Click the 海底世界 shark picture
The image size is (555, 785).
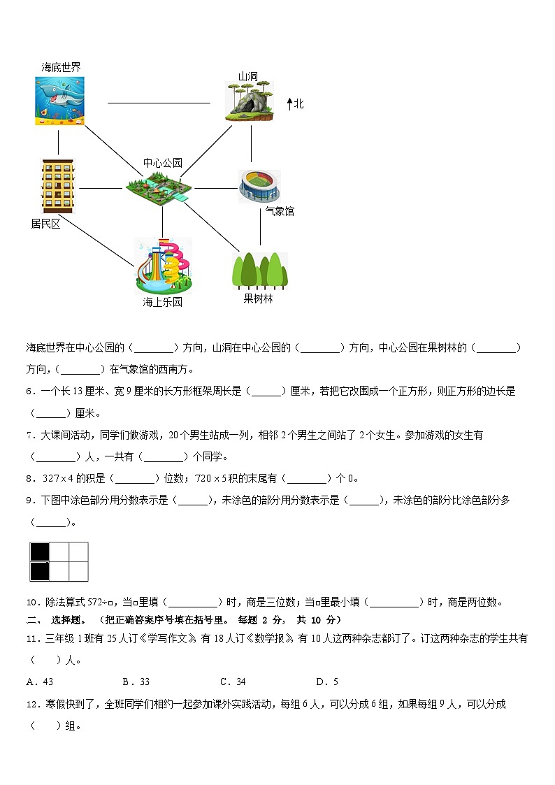(x=60, y=101)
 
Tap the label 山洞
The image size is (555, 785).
(x=248, y=76)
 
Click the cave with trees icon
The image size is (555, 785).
(x=248, y=102)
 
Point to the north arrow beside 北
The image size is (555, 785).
(x=289, y=104)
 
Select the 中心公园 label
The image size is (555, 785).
(x=162, y=163)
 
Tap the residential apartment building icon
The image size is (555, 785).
(x=57, y=185)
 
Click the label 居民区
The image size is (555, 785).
(x=46, y=224)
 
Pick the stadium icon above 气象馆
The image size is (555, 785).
(x=259, y=187)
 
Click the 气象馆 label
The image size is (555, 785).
(x=280, y=211)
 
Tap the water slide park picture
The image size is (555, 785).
(x=163, y=266)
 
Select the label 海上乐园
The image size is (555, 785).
(x=162, y=302)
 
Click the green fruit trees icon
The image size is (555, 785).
(x=259, y=270)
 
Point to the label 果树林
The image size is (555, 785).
(x=258, y=298)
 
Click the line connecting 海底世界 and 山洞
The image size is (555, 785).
(x=159, y=103)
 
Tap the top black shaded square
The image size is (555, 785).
(x=39, y=552)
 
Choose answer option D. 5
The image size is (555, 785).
(x=326, y=682)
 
